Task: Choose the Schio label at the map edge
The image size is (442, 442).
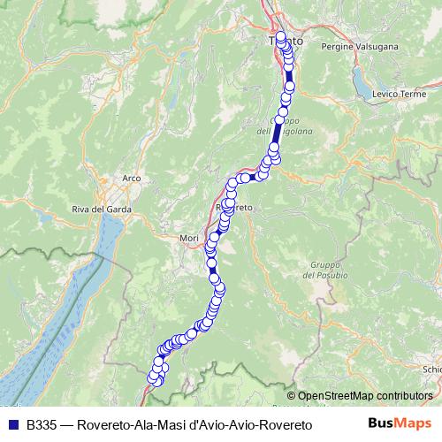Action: click(x=431, y=370)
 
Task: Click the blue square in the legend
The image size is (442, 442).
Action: click(x=12, y=425)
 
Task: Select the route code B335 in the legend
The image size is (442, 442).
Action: click(x=43, y=425)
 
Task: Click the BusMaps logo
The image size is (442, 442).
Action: click(x=399, y=424)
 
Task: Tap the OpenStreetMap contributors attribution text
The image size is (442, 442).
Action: click(x=366, y=396)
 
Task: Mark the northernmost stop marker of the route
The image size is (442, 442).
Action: click(x=281, y=37)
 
